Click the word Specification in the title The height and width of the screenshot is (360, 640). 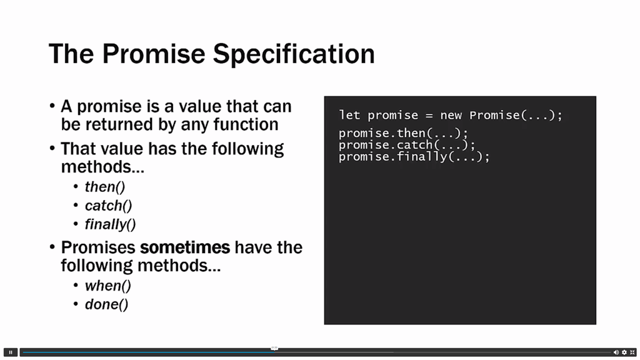point(294,54)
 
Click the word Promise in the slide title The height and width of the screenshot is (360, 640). point(154,54)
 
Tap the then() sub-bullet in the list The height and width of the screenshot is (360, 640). point(105,187)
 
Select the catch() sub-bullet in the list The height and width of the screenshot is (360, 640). point(109,206)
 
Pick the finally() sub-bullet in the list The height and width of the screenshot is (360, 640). point(110,224)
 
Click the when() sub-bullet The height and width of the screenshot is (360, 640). point(108,286)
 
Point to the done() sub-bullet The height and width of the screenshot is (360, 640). point(106,304)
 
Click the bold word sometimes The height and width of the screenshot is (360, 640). point(185,247)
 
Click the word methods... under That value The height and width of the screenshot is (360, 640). point(102,167)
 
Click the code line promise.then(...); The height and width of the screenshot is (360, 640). point(404,133)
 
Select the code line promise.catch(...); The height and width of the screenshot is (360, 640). point(407,145)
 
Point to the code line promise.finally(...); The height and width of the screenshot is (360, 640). point(414,157)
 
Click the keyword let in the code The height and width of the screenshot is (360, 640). point(349,115)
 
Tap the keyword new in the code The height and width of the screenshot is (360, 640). point(451,116)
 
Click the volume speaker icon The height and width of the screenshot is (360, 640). point(616,352)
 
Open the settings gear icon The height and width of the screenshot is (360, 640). point(624,352)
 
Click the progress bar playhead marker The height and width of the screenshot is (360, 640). point(274,348)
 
